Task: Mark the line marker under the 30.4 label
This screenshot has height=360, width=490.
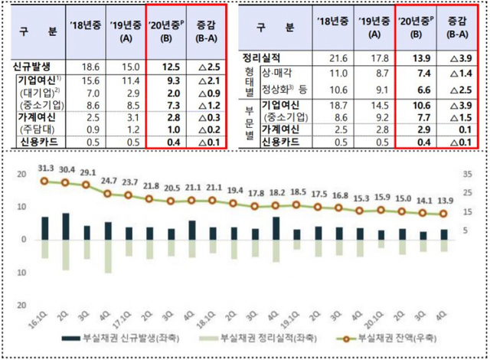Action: [x=66, y=183]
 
